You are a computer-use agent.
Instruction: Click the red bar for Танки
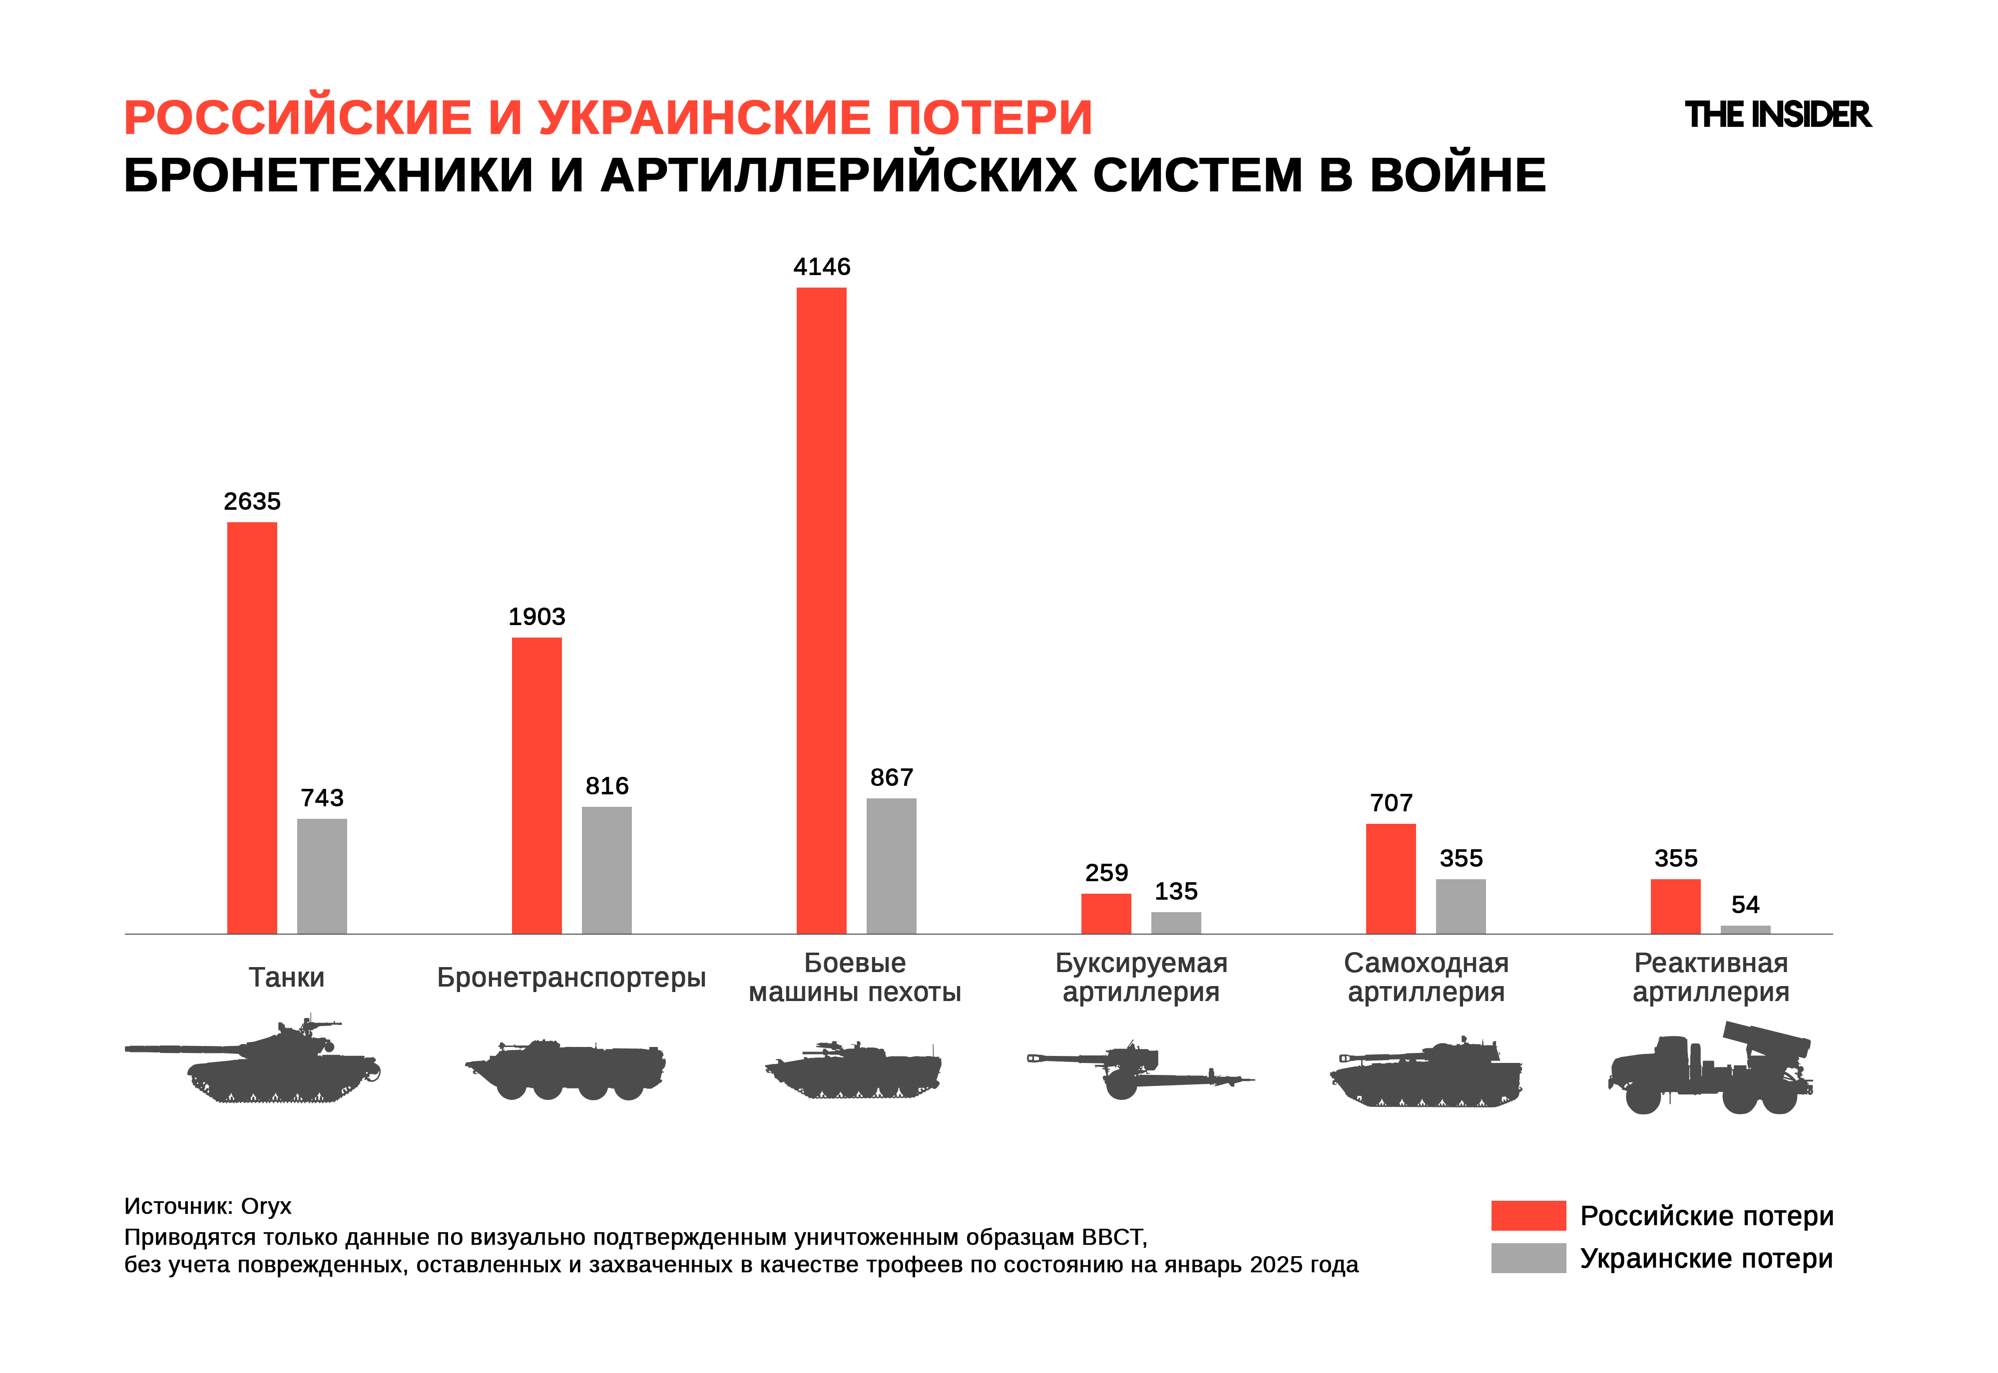tap(252, 728)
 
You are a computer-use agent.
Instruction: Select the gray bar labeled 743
tap(322, 876)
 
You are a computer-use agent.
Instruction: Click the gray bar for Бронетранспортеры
tap(606, 870)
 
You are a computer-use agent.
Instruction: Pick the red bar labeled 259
tap(1106, 914)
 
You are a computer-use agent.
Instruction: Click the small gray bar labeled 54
tap(1745, 929)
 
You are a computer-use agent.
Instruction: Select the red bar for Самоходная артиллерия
tap(1391, 878)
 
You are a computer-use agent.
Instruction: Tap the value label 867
tap(892, 778)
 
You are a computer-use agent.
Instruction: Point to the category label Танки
tap(287, 977)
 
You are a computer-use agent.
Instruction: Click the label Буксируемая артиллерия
tap(1141, 977)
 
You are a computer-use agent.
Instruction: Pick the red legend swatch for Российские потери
tap(1528, 1216)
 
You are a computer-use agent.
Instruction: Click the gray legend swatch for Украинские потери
tap(1528, 1258)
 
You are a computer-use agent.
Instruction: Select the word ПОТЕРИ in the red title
tap(990, 118)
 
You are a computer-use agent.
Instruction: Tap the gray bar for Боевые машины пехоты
tap(892, 865)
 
